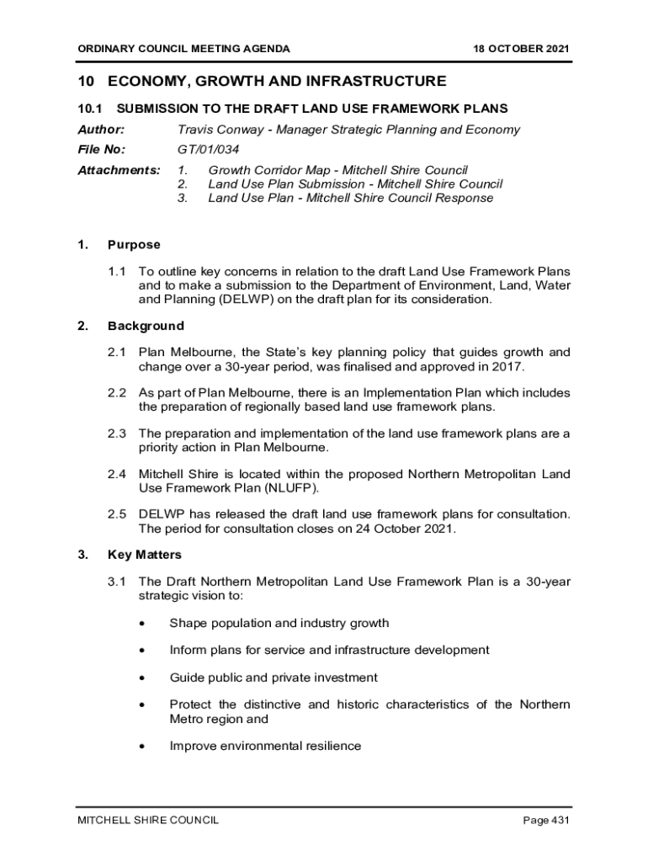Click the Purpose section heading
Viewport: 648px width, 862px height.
[134, 245]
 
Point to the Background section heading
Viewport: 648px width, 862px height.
[146, 326]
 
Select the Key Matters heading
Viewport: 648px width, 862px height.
[145, 555]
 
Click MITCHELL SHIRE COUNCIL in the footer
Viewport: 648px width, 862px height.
[148, 820]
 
